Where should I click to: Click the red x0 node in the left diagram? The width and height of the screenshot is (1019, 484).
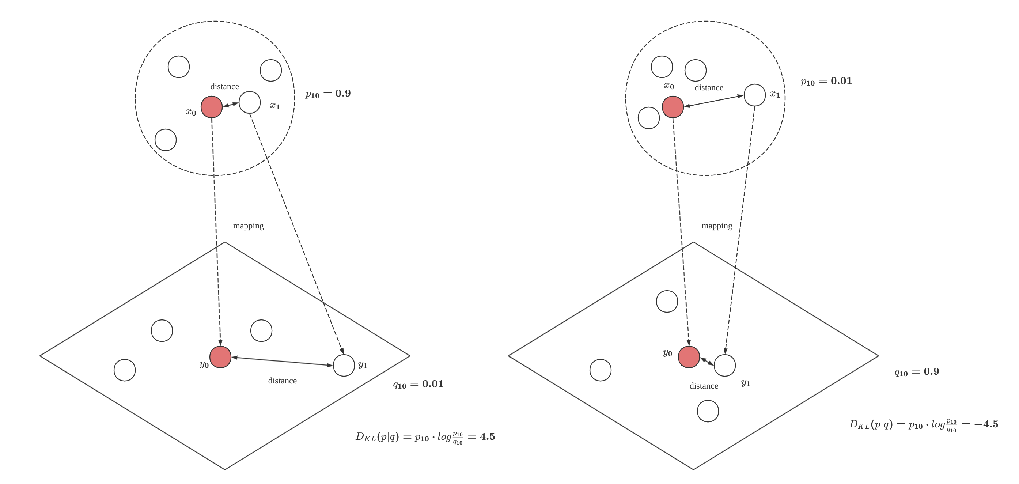(x=212, y=107)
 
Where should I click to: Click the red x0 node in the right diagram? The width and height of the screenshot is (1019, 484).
(x=673, y=107)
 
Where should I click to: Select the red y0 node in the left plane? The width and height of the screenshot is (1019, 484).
(x=220, y=357)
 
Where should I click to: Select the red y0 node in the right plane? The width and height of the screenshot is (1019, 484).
(x=689, y=357)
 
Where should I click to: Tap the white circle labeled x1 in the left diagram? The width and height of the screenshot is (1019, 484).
(x=250, y=102)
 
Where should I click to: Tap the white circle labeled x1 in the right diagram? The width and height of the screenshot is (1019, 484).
(x=755, y=95)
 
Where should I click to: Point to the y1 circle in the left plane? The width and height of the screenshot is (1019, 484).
(x=344, y=365)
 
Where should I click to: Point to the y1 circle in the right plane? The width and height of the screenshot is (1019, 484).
(x=725, y=365)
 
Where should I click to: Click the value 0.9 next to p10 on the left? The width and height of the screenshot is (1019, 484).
(x=343, y=93)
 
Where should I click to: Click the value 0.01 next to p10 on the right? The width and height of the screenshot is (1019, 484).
(x=841, y=81)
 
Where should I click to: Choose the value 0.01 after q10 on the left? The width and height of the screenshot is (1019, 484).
(x=433, y=384)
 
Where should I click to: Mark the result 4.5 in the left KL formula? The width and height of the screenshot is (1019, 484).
(x=487, y=436)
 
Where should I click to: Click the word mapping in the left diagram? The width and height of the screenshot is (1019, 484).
(x=249, y=226)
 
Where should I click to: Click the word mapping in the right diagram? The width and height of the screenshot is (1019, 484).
(x=717, y=226)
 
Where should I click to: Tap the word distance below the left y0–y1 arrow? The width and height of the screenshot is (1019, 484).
(x=283, y=381)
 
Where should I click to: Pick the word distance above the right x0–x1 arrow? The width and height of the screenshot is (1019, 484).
(x=709, y=87)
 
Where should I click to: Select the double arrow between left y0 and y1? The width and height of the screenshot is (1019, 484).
(x=282, y=361)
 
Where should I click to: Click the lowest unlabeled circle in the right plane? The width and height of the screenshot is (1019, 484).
(x=708, y=411)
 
